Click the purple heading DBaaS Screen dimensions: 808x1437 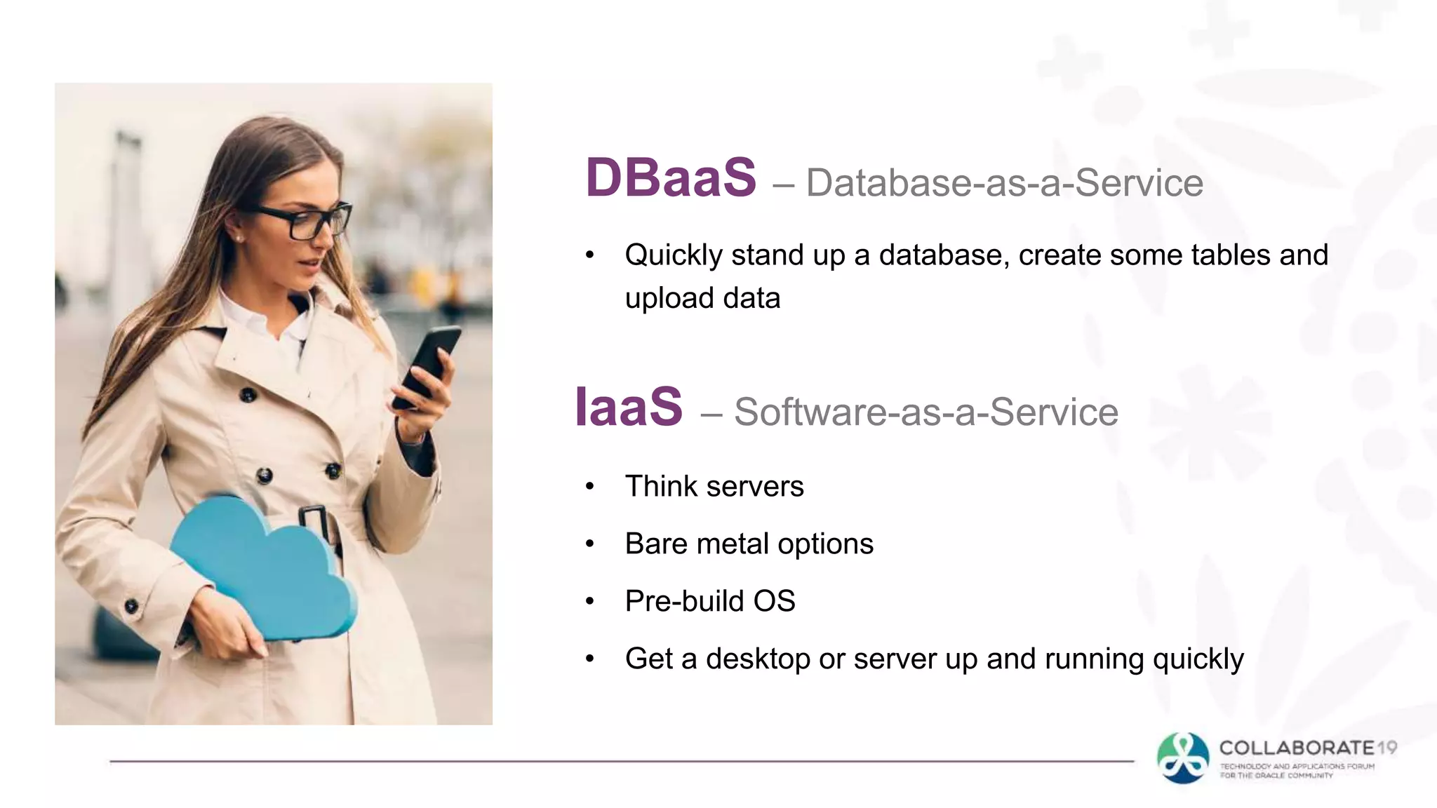click(671, 178)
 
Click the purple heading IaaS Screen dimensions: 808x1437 click(629, 408)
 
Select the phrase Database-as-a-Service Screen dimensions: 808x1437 click(1004, 183)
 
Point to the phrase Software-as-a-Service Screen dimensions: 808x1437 click(925, 412)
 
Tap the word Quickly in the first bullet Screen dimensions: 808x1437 click(673, 255)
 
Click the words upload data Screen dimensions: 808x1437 click(702, 299)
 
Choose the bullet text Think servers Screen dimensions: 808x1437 click(714, 487)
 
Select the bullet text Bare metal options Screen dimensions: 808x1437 click(749, 544)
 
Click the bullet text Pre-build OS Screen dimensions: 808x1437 click(709, 602)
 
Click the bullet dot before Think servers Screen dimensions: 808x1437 click(590, 486)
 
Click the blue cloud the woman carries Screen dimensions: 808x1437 click(263, 568)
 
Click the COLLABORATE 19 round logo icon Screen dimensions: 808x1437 click(1183, 758)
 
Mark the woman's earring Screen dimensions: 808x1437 click(239, 239)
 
